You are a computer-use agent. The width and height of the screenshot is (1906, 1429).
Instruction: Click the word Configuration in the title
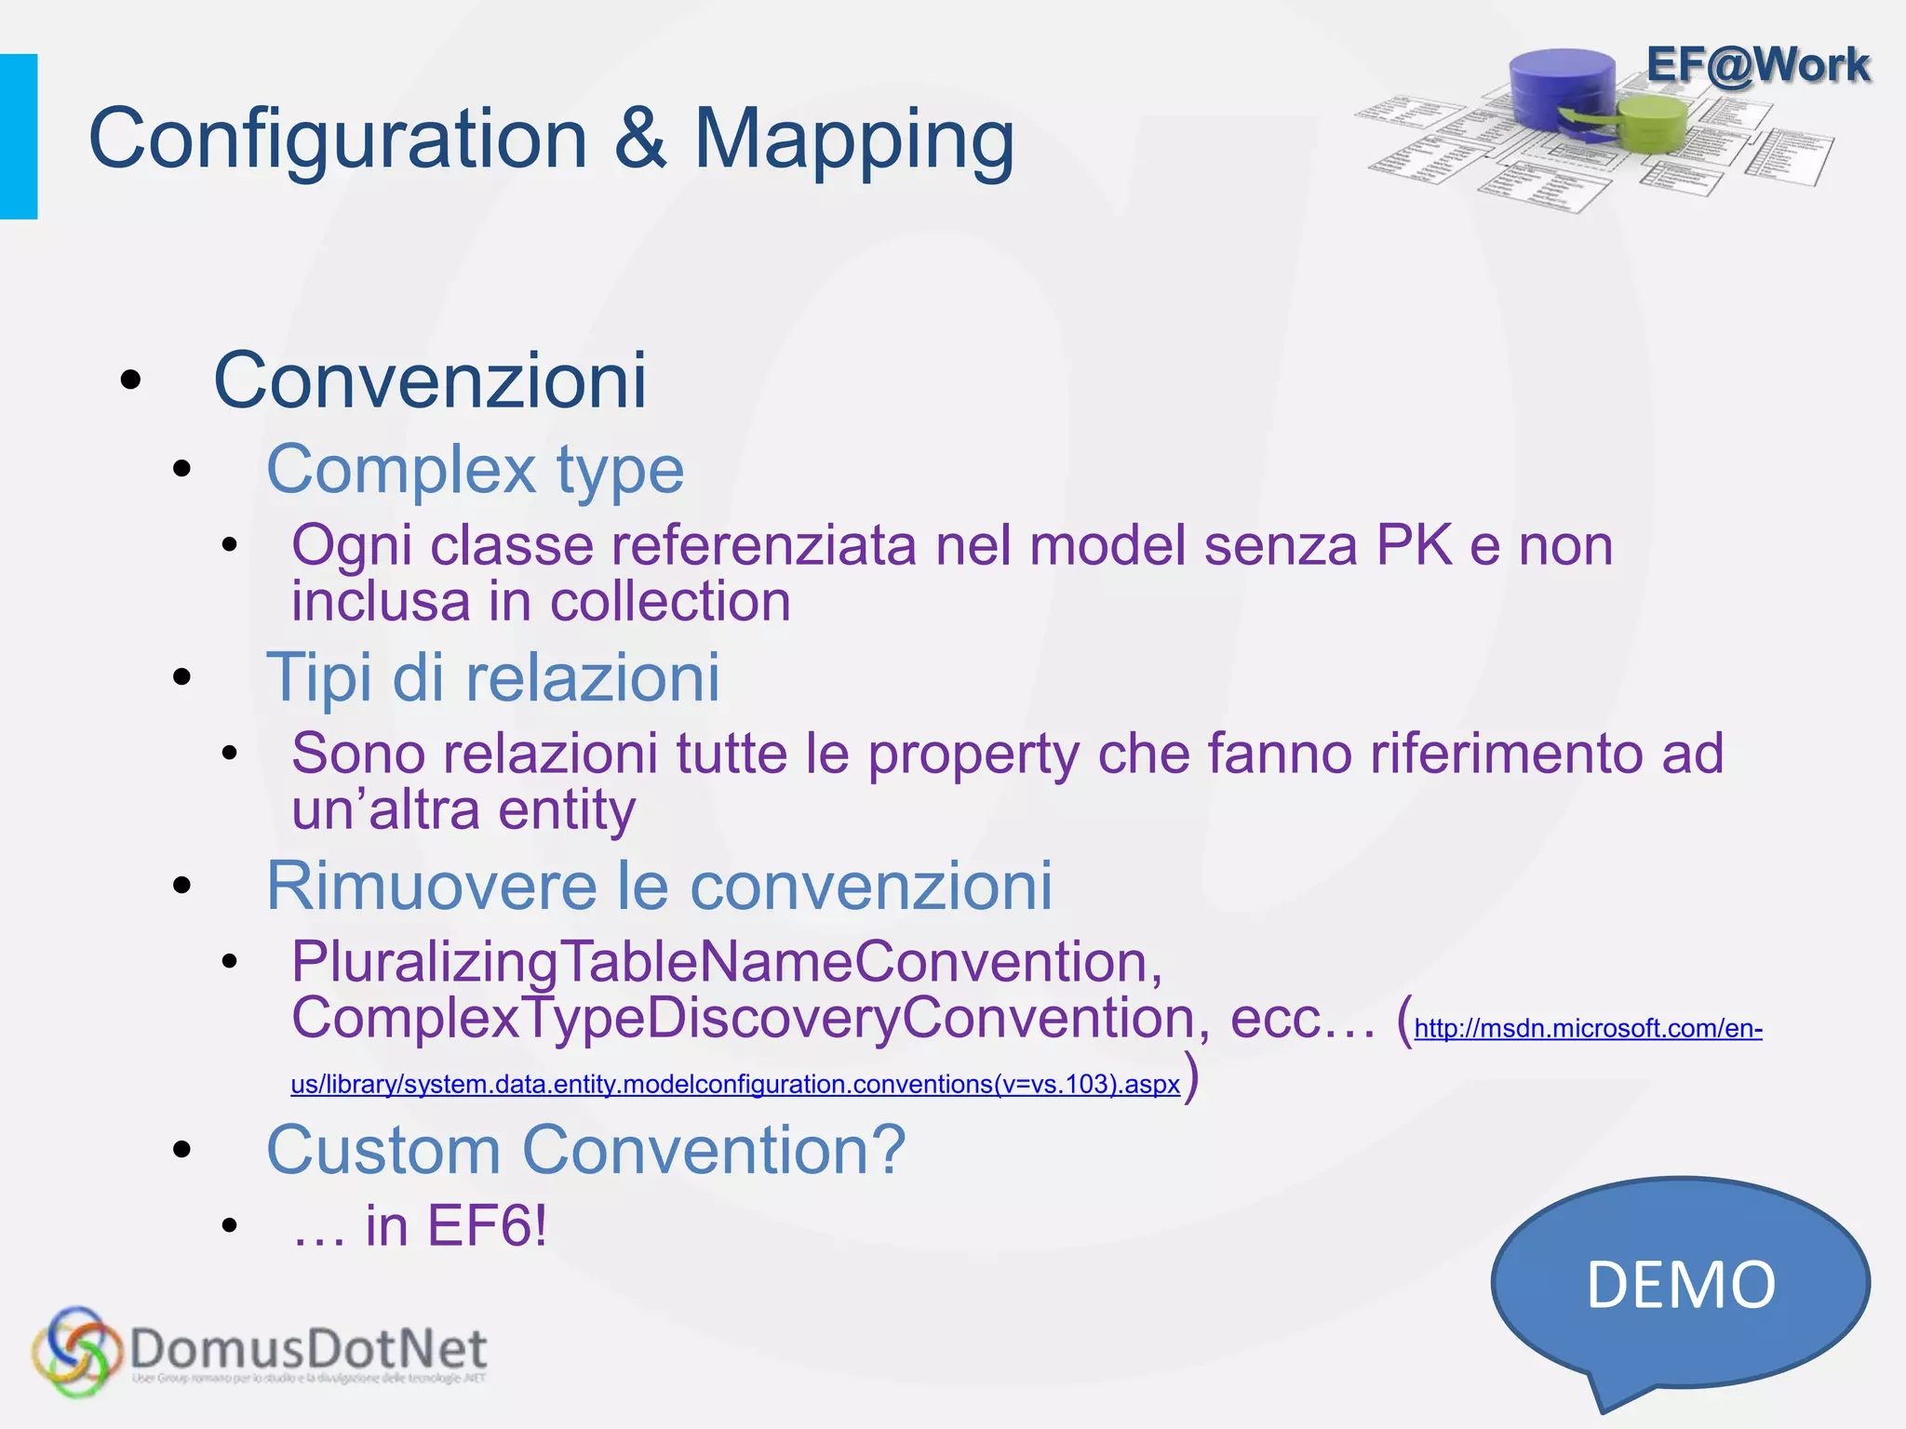coord(338,140)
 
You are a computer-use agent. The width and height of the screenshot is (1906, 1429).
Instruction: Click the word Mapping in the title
coord(853,141)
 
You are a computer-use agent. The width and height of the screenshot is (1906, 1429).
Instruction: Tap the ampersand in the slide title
coord(640,140)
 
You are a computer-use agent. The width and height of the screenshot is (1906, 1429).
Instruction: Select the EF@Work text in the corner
coord(1757,65)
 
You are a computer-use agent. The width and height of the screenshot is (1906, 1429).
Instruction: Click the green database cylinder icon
coord(1651,121)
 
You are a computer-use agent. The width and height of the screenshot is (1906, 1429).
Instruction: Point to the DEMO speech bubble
coord(1681,1285)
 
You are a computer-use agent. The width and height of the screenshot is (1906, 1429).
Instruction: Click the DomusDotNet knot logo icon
coord(76,1352)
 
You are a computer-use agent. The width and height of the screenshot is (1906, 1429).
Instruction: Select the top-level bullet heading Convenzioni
coord(430,381)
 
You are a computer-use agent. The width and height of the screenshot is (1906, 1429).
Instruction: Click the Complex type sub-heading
coord(475,470)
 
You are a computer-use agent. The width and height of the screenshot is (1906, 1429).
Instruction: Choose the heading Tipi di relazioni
coord(493,677)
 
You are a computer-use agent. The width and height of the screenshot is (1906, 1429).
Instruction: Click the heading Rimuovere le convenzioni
coord(659,886)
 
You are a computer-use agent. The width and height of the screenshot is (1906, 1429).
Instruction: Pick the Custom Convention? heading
coord(585,1150)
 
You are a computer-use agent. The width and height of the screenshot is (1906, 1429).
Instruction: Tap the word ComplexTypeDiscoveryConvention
coord(743,1018)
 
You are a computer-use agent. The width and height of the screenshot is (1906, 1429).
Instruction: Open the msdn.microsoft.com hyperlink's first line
coord(1588,1028)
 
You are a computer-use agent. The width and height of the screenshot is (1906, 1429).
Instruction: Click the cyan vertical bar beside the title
coord(19,137)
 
